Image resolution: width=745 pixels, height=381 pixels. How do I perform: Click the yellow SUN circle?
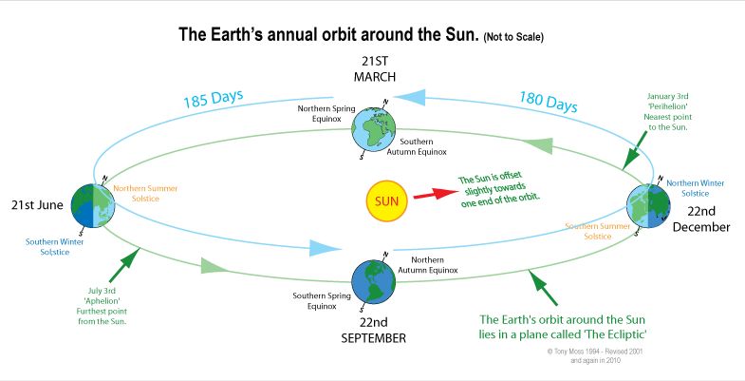[x=386, y=201]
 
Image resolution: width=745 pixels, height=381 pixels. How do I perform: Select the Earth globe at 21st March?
[x=382, y=134]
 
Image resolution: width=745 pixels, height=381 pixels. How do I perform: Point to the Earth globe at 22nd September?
[x=375, y=279]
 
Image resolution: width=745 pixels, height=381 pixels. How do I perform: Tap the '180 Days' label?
[x=548, y=102]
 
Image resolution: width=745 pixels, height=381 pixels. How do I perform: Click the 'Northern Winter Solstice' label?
[x=698, y=187]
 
